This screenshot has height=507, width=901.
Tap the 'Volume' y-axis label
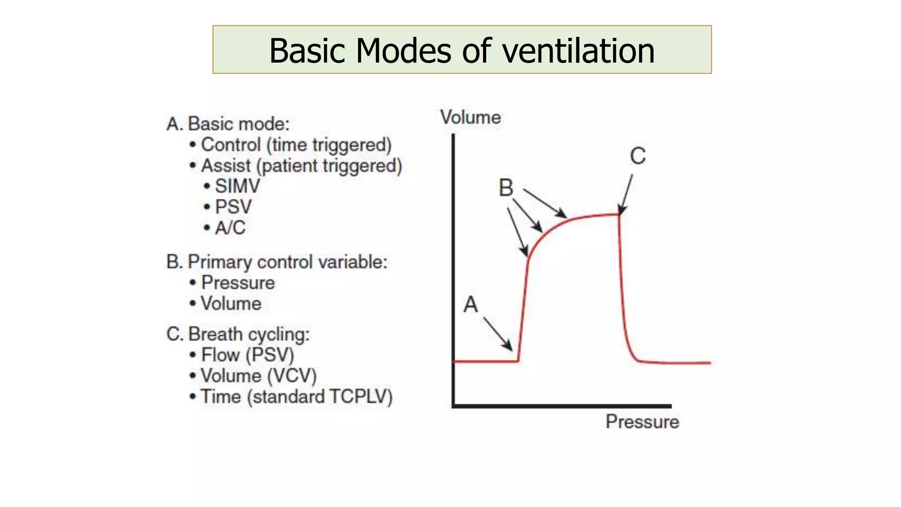coord(470,118)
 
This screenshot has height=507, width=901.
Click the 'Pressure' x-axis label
coord(642,422)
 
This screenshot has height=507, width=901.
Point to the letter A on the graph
coord(470,305)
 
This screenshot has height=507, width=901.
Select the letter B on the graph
coord(506,188)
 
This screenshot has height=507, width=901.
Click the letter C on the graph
coord(637,156)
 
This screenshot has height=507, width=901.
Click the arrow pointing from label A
coord(498,334)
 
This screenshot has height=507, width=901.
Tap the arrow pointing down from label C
coord(626,194)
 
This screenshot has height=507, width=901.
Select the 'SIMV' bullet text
coord(237,186)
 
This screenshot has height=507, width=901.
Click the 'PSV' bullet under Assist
coord(233,207)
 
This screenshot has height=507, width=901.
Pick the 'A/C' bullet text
coord(230,228)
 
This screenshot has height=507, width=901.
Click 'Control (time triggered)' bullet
coord(296,145)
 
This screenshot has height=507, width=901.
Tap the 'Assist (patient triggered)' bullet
coord(301,166)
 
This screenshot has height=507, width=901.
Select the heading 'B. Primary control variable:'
coord(277,262)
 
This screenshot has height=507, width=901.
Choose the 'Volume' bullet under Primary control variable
coord(231,304)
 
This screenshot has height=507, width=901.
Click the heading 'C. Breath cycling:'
coord(238,334)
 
